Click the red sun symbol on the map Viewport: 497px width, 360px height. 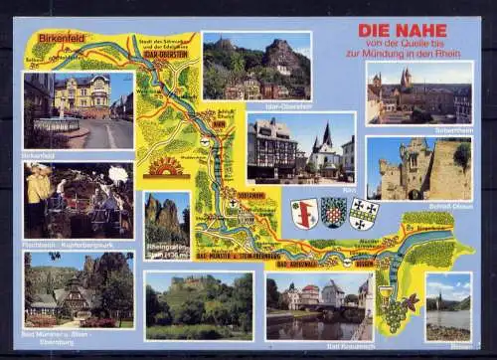pyautogui.click(x=166, y=166)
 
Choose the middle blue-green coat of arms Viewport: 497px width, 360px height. pyautogui.click(x=333, y=212)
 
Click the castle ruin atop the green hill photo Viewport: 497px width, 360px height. pyautogui.click(x=199, y=288)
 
